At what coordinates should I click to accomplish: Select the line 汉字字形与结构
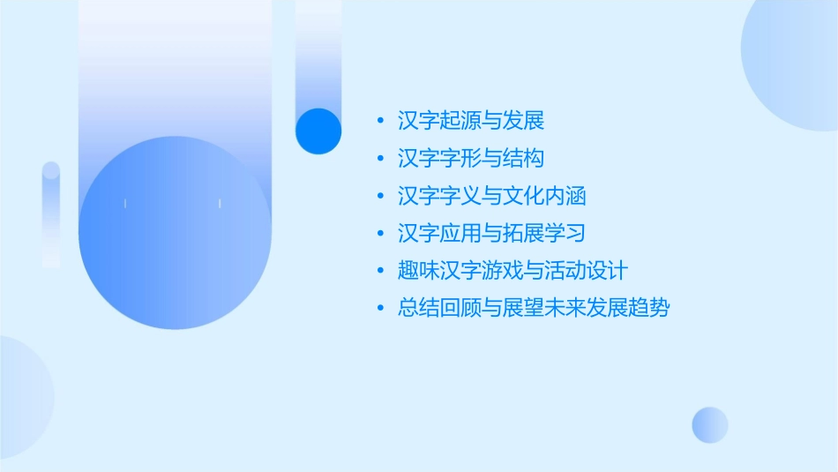point(471,159)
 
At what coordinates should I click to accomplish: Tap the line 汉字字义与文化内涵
point(492,196)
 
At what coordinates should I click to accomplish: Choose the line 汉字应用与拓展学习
point(492,234)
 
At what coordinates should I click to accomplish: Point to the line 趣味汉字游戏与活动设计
point(513,271)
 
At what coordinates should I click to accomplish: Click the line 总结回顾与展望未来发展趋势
point(534,309)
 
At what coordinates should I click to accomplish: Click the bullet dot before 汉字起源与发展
point(380,121)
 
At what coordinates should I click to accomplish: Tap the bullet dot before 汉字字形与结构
point(380,159)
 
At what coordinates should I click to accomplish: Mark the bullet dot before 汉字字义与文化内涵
point(380,196)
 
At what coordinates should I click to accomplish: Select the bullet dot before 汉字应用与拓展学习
point(380,234)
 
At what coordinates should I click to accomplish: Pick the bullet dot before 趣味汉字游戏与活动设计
point(380,271)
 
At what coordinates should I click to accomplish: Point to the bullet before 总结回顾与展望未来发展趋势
point(380,309)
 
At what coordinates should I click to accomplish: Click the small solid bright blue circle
point(318,131)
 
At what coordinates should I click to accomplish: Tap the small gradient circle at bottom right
point(710,424)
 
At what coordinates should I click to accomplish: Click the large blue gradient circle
point(175,233)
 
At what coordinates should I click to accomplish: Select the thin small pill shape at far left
point(51,214)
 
